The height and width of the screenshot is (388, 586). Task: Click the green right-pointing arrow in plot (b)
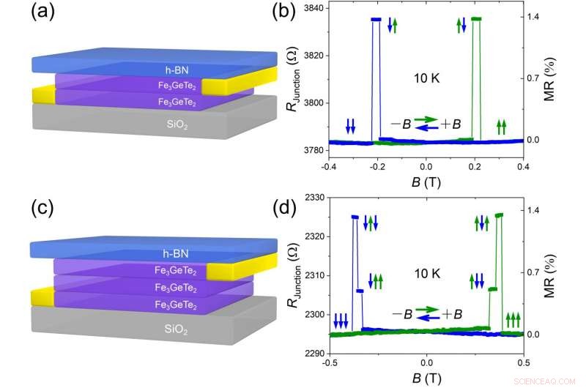[x=426, y=118]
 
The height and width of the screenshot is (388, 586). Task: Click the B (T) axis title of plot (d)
[x=426, y=379]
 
